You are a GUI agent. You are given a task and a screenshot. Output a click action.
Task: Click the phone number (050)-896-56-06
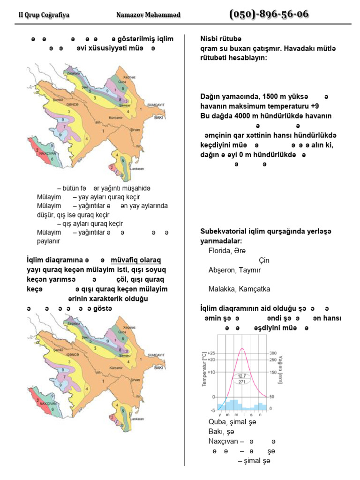[269, 14]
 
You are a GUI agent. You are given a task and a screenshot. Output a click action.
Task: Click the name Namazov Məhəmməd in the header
[148, 15]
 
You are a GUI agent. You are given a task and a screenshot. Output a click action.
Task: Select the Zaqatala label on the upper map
[73, 75]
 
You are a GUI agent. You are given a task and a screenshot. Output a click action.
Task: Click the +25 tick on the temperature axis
[210, 353]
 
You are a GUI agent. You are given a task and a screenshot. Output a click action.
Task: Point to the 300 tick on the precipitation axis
[273, 353]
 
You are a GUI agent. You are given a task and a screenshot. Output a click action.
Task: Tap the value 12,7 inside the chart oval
[242, 376]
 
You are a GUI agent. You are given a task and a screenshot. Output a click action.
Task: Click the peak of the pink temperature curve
[242, 349]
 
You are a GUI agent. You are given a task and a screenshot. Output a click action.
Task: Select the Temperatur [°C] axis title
[204, 368]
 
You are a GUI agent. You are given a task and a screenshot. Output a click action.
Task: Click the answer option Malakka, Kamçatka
[239, 289]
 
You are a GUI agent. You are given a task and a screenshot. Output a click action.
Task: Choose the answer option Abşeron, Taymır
[234, 270]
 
